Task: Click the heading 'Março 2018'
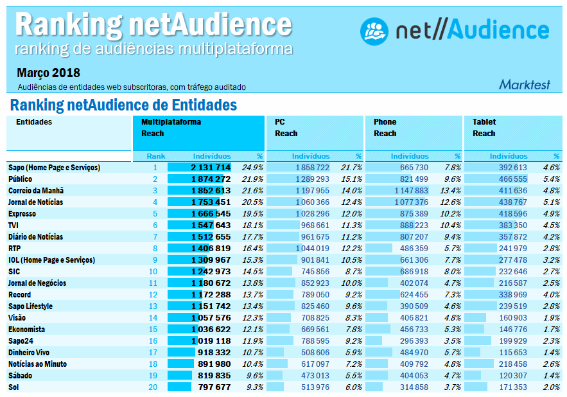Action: click(x=49, y=73)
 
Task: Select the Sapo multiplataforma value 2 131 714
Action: click(x=210, y=168)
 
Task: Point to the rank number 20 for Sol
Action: click(x=152, y=387)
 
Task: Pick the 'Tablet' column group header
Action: click(x=484, y=122)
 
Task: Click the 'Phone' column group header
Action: click(x=385, y=122)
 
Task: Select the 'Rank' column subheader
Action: click(x=155, y=156)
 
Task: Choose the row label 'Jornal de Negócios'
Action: click(x=38, y=283)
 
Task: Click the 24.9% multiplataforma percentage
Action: click(x=252, y=168)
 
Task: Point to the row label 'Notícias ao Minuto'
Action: click(x=37, y=364)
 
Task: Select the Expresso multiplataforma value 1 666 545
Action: click(x=210, y=214)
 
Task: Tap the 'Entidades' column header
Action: click(x=34, y=122)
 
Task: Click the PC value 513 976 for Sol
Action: click(x=314, y=387)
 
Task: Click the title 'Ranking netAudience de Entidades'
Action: click(x=124, y=105)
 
